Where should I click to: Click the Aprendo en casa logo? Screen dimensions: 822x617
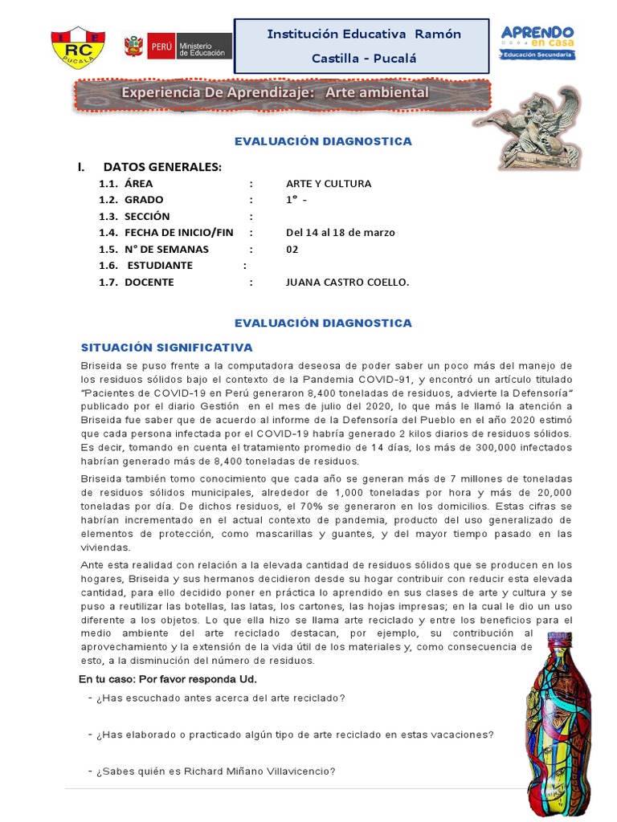(537, 41)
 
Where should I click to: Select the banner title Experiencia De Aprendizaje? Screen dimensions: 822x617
(275, 93)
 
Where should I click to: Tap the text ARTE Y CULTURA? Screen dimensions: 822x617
(329, 184)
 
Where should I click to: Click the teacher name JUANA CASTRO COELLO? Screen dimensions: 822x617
(347, 282)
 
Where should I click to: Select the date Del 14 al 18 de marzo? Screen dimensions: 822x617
(340, 233)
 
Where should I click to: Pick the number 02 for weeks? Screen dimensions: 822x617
(292, 249)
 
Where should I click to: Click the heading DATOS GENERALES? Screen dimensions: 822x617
(161, 167)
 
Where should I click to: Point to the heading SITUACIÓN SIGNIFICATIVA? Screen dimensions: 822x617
(167, 348)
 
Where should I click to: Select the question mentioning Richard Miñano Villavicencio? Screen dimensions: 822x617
(215, 771)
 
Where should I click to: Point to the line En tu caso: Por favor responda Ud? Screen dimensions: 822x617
(168, 679)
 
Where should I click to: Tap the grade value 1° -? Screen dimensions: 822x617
(297, 200)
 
